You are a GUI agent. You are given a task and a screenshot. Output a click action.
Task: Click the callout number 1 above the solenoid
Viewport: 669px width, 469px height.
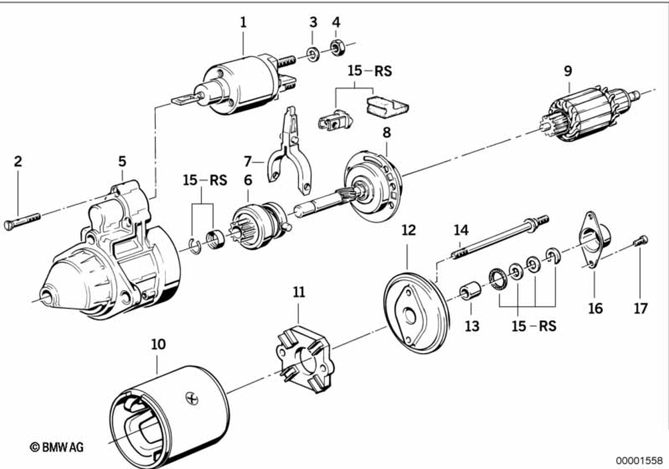(244, 22)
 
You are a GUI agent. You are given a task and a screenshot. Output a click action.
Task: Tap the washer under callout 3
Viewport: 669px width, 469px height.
(312, 52)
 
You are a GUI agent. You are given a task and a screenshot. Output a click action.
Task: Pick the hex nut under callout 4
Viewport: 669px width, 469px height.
(337, 48)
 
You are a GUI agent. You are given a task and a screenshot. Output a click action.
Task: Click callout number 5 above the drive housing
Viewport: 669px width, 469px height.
(122, 161)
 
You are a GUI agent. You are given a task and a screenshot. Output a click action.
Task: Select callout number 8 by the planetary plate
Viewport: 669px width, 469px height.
(386, 133)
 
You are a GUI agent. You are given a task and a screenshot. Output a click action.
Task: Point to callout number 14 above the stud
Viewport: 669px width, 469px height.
(460, 230)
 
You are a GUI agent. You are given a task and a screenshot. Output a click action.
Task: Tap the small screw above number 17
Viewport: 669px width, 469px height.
(641, 239)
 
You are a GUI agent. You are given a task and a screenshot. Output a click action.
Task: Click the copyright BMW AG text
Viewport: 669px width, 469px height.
(56, 446)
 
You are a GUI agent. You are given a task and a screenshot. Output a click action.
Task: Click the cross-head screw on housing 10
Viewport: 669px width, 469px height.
(194, 397)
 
